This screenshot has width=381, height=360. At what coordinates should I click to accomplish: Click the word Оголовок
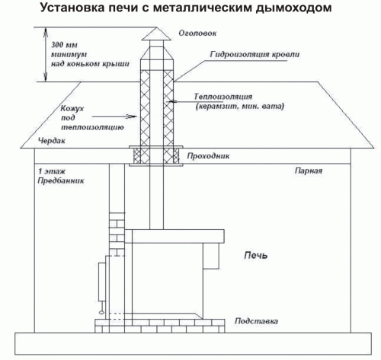pos(197,33)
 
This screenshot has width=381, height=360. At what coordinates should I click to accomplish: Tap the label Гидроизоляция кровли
pos(255,55)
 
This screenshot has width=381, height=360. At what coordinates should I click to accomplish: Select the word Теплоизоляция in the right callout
pos(223,97)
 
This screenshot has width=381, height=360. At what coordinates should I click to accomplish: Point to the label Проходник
pos(208,156)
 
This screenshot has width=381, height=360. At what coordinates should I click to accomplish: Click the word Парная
pos(309,170)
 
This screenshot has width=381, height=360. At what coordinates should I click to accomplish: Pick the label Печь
pos(255,255)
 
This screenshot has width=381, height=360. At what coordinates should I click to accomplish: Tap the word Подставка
pos(256,321)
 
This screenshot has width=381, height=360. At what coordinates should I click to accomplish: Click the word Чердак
pos(52,140)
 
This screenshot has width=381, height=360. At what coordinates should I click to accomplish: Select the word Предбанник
pos(61,181)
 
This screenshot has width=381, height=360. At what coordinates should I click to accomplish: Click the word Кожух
pos(72,109)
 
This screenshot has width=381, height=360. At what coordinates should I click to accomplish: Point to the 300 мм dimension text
pos(65,45)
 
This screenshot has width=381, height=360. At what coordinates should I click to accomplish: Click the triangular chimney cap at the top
pos(156,33)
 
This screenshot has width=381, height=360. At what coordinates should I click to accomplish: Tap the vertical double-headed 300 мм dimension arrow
pos(46,55)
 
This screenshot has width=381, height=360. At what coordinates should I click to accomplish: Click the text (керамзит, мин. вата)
pos(239,107)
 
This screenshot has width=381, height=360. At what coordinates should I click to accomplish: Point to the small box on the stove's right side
pos(211,256)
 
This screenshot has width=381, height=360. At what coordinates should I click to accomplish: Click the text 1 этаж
pos(52,171)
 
